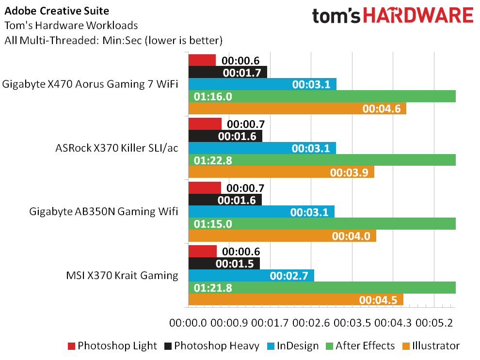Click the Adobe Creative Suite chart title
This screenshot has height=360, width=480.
(x=57, y=11)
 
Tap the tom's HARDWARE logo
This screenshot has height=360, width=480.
(x=393, y=16)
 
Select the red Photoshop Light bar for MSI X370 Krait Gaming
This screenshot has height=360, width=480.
(x=202, y=251)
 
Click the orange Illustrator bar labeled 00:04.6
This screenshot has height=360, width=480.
(x=297, y=109)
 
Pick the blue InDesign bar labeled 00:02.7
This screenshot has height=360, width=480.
(x=251, y=276)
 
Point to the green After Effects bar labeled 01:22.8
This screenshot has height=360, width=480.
(x=322, y=160)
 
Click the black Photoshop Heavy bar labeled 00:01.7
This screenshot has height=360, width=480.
(x=228, y=72)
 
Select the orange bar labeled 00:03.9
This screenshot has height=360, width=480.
(x=281, y=172)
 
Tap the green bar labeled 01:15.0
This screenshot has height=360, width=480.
(x=322, y=223)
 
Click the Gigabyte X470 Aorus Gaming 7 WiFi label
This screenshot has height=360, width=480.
(x=90, y=84)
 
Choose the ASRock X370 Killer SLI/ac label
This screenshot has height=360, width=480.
(x=117, y=148)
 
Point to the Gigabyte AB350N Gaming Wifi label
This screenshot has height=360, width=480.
(x=103, y=212)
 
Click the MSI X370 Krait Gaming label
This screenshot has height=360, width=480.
(x=122, y=276)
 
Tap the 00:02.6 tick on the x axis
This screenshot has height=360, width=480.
(x=311, y=323)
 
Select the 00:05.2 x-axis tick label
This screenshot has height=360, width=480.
(x=434, y=323)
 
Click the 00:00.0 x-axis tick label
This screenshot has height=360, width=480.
(x=188, y=323)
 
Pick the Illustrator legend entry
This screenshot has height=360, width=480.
(x=431, y=346)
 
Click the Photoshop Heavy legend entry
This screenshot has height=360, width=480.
(x=212, y=346)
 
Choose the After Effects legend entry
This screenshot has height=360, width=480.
(x=360, y=346)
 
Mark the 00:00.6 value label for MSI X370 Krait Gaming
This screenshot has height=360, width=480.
(x=241, y=251)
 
